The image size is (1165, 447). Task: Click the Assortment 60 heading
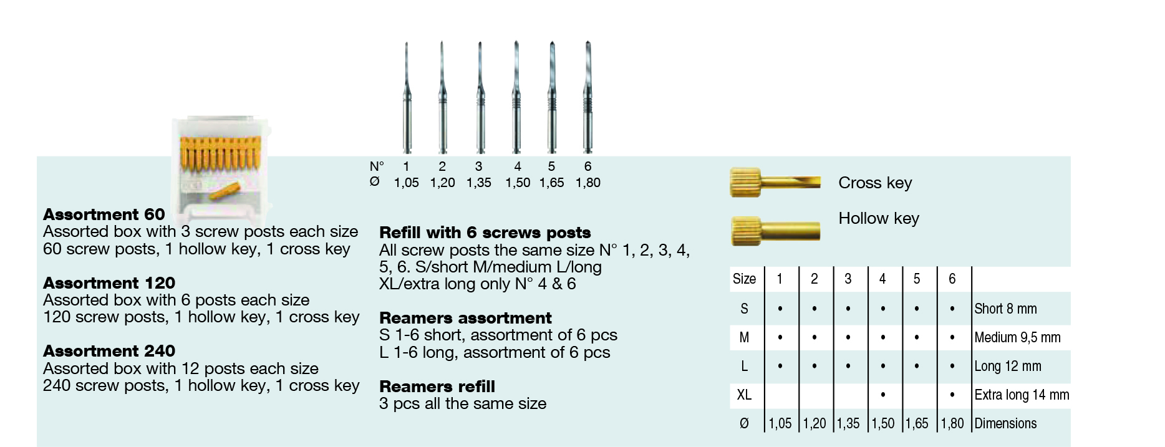[x=104, y=214]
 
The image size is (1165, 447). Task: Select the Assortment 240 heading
[x=109, y=351]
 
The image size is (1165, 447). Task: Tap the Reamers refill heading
[x=437, y=387]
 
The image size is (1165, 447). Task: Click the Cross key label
[x=874, y=183]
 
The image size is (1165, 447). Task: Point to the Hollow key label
[x=878, y=218]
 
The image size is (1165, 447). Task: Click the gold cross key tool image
[x=775, y=182]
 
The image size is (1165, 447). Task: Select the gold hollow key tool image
[x=775, y=230]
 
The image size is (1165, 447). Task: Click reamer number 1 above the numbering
[x=407, y=100]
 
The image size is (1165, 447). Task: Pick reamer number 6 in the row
[x=587, y=100]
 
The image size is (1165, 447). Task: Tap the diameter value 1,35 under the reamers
[x=478, y=183]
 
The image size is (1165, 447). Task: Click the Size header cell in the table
[x=744, y=279]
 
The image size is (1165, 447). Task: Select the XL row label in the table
[x=744, y=395]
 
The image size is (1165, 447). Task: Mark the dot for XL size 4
[x=882, y=395]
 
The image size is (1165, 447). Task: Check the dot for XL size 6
[x=952, y=395]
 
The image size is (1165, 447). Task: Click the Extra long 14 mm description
[x=1021, y=395]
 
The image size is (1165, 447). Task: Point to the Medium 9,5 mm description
[x=1017, y=337]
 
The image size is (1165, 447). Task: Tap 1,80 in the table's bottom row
[x=952, y=423]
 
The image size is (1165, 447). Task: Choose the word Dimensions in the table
[x=1005, y=423]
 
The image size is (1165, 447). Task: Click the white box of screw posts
[x=221, y=171]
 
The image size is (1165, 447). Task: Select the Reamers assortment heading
[x=465, y=318]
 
